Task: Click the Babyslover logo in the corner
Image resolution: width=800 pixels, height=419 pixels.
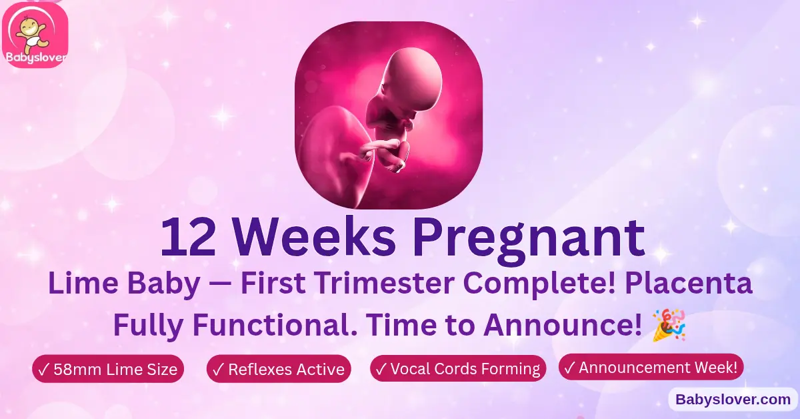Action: pyautogui.click(x=35, y=34)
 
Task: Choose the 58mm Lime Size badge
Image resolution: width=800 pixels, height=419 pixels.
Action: pyautogui.click(x=108, y=369)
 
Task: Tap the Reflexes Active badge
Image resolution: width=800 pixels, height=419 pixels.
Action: pyautogui.click(x=279, y=369)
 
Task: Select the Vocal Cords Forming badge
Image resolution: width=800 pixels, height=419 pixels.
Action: pyautogui.click(x=458, y=368)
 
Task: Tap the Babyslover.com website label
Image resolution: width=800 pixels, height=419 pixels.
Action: pyautogui.click(x=733, y=400)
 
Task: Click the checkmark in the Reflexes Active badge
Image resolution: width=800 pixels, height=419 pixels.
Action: pyautogui.click(x=217, y=369)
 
